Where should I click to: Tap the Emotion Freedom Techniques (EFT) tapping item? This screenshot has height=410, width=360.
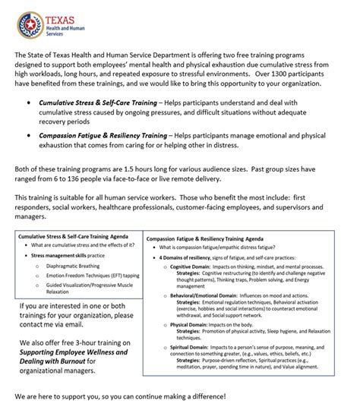pyautogui.click(x=92, y=276)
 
